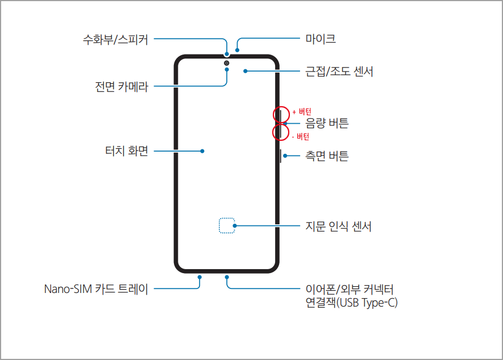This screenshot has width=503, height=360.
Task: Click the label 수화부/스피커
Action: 115,40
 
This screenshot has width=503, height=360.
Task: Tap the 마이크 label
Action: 320,39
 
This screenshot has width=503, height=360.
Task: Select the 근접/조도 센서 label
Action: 339,72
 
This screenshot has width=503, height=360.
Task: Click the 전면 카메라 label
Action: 122,87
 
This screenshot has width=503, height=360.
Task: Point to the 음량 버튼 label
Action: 327,123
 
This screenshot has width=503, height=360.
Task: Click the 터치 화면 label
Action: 126,151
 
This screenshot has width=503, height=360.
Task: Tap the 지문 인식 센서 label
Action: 338,227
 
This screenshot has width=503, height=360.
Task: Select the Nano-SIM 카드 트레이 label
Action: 96,289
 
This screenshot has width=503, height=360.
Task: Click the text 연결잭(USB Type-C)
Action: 351,303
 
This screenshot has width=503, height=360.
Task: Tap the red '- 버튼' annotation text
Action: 300,136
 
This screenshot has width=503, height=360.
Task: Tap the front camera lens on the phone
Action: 227,62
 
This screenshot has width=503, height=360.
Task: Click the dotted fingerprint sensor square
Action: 227,225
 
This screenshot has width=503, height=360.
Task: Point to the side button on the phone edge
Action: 281,156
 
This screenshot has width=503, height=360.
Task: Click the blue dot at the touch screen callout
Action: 202,151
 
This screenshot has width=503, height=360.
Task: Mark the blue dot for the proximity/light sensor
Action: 245,72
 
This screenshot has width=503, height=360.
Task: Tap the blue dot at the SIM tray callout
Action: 200,277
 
